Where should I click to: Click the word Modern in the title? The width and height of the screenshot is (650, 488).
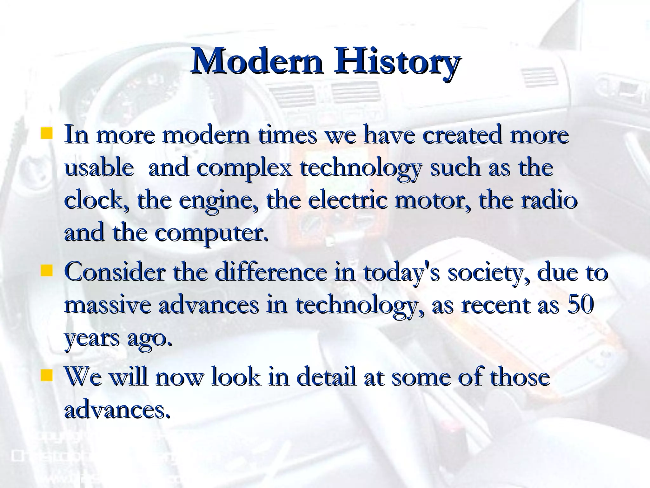[257, 60]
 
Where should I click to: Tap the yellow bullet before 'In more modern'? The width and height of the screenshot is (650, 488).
[46, 133]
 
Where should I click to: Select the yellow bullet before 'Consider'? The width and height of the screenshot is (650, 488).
[46, 271]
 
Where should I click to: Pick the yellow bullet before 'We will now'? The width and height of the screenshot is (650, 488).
[46, 375]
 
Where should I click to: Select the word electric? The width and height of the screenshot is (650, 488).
[348, 200]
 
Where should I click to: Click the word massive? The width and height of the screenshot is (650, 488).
[108, 305]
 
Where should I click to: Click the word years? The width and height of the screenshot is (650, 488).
[92, 339]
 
